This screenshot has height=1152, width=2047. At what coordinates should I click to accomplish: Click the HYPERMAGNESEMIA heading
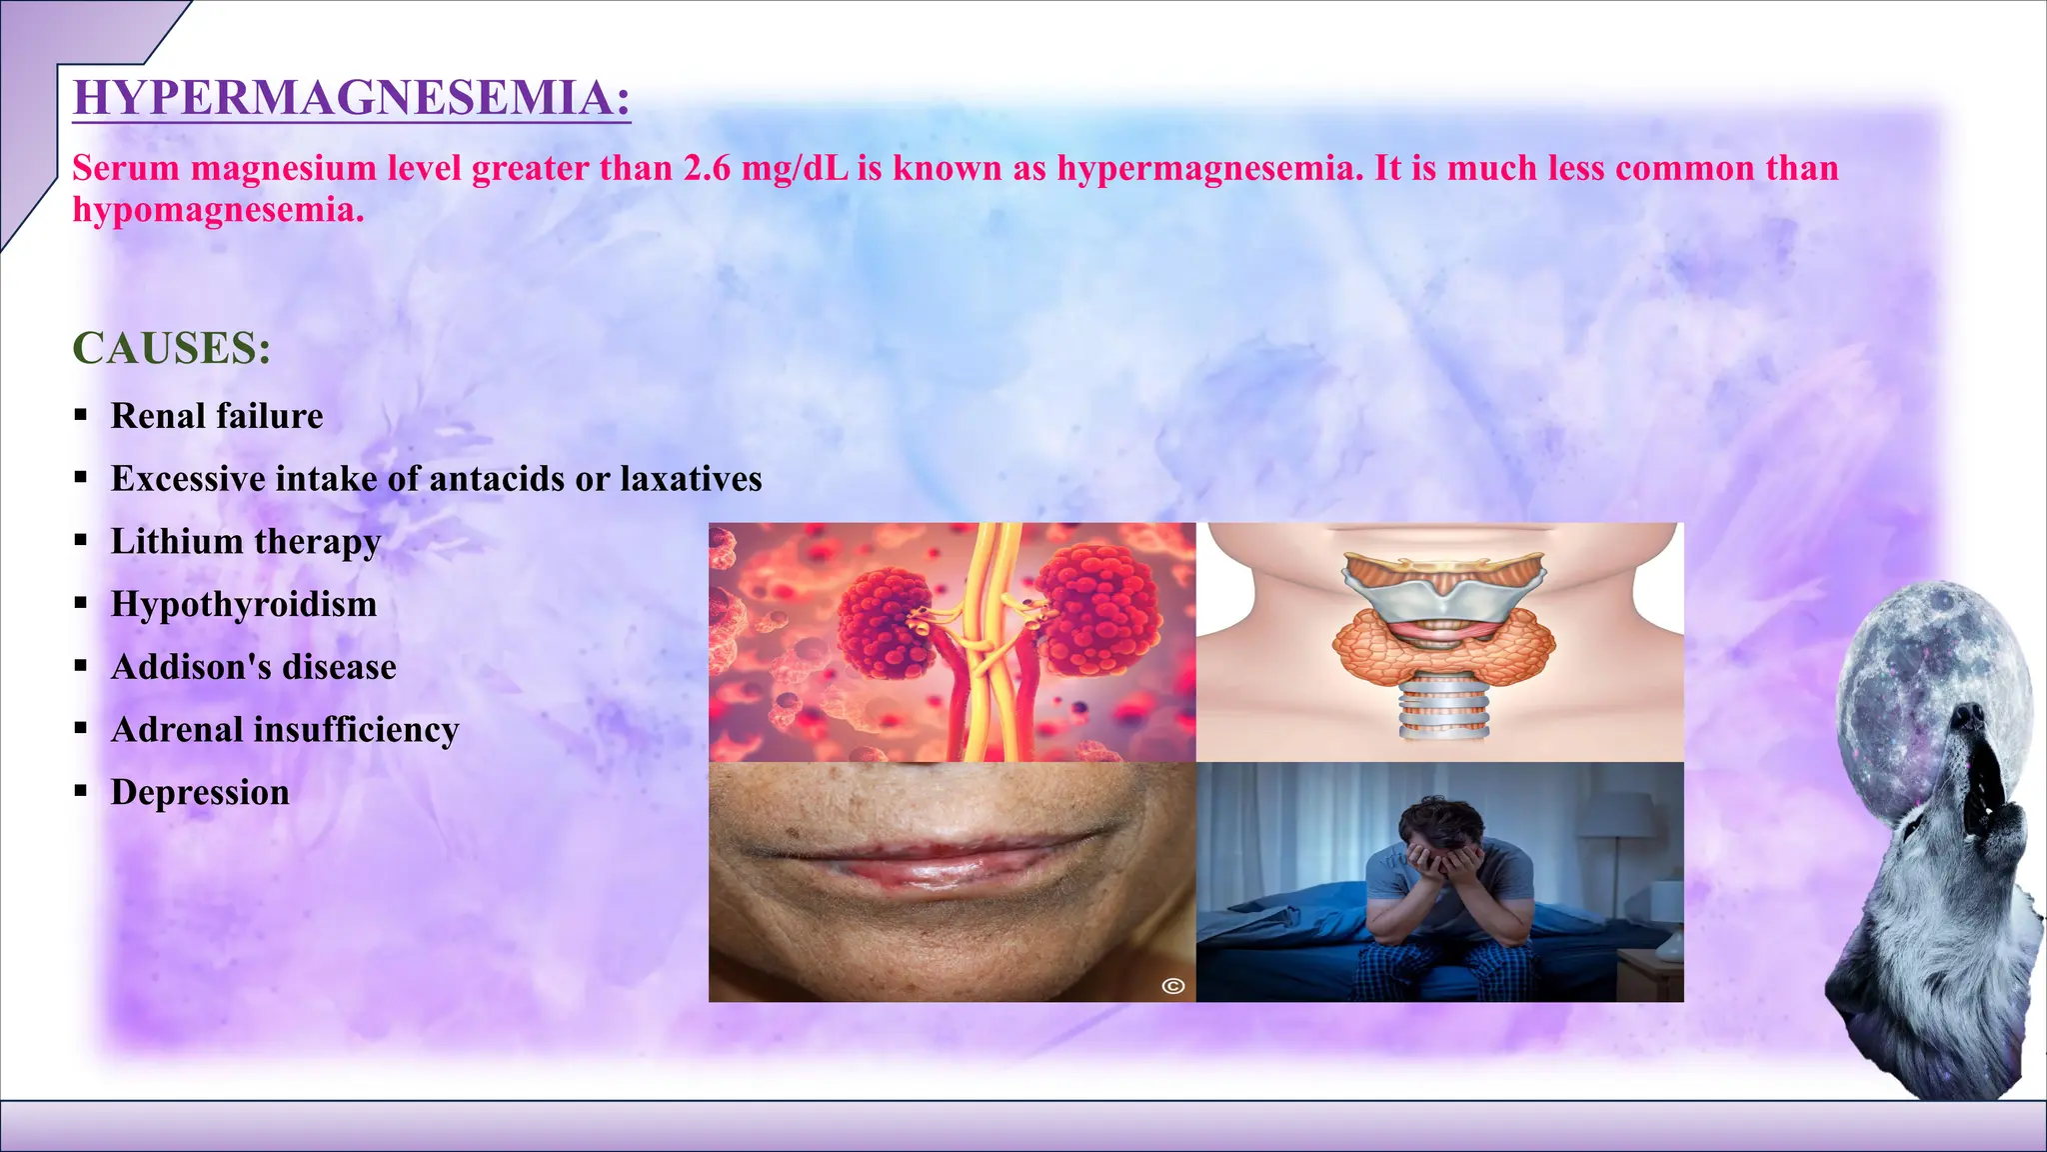tap(352, 98)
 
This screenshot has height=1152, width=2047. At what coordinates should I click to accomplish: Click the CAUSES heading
tap(172, 348)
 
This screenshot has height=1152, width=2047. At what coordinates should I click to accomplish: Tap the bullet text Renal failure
tap(217, 416)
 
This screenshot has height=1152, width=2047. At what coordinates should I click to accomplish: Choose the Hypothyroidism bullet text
tap(244, 604)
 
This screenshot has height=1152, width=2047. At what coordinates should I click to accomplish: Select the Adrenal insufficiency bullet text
tap(285, 730)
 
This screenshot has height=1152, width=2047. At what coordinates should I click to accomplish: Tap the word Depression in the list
tap(200, 792)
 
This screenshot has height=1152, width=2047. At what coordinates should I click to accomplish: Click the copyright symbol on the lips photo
tap(1173, 986)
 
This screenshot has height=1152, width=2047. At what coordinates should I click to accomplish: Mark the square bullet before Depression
tap(81, 792)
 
